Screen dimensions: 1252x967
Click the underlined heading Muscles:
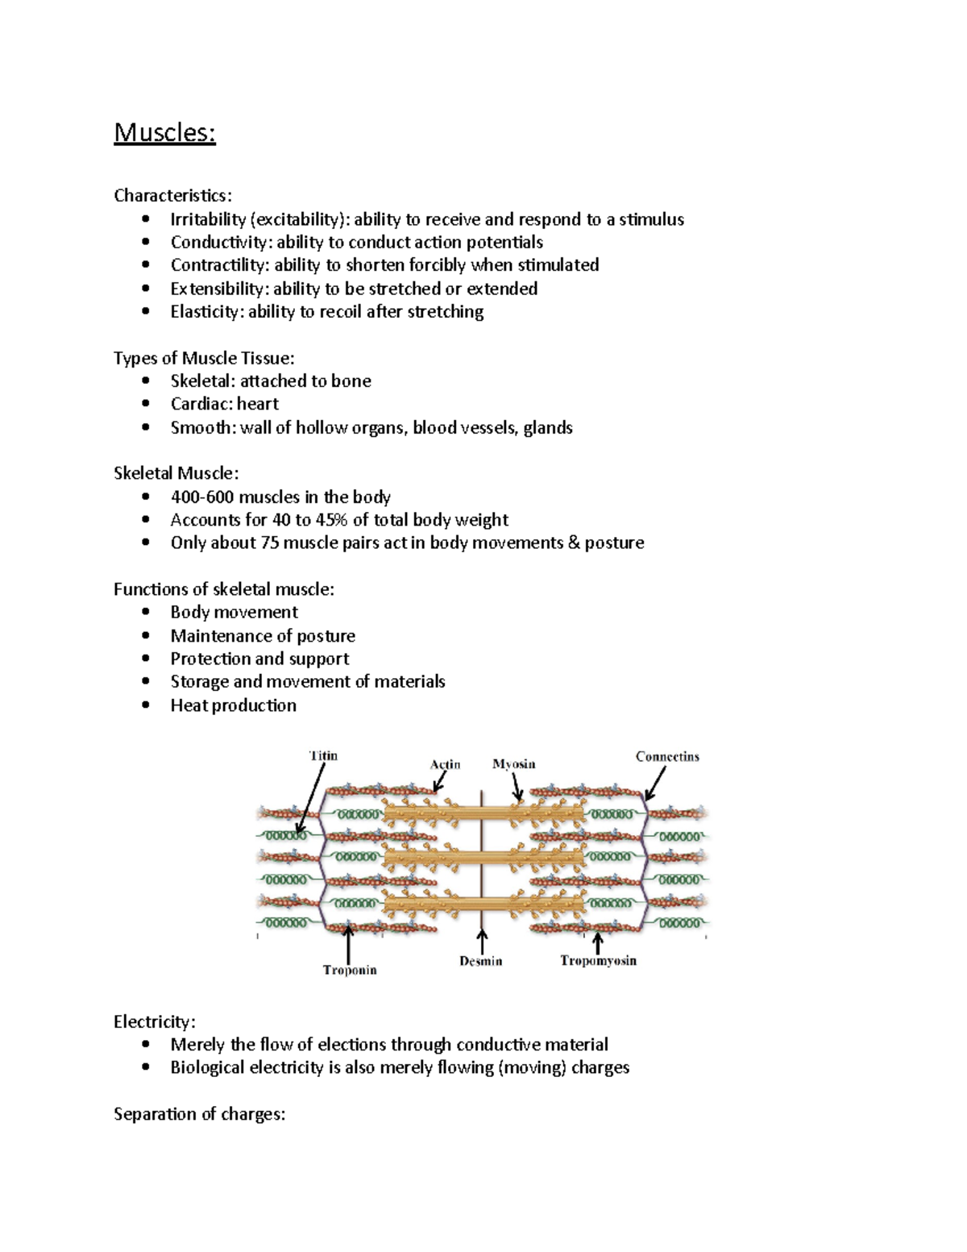(164, 132)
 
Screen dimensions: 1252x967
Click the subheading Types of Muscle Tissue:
(204, 358)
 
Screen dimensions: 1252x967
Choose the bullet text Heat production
(233, 705)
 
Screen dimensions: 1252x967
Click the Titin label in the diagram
(324, 756)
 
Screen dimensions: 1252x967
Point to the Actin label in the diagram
(445, 764)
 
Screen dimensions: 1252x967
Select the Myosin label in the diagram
(513, 764)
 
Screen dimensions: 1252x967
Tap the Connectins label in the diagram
(667, 756)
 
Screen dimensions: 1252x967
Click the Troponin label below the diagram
(350, 970)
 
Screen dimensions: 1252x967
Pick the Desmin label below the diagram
(480, 961)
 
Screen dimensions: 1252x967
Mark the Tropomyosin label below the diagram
(598, 961)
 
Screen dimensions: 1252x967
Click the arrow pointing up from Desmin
(482, 942)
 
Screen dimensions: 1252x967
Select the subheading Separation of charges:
(199, 1114)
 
